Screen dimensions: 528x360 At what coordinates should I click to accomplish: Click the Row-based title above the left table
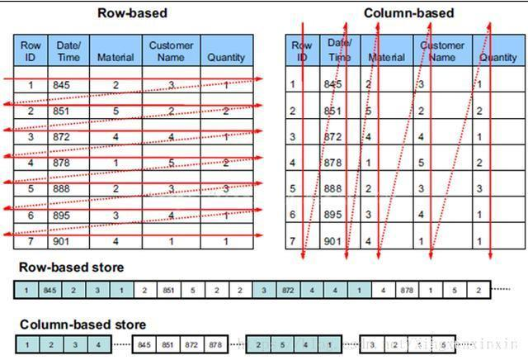click(x=132, y=12)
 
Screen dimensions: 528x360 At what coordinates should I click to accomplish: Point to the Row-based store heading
click(x=72, y=267)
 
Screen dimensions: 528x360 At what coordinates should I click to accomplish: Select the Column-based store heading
click(x=82, y=324)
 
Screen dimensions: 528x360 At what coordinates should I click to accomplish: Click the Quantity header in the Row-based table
click(x=226, y=57)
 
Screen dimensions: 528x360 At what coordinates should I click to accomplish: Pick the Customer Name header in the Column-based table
click(x=443, y=51)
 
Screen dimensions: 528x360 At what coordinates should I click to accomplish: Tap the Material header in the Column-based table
click(x=386, y=58)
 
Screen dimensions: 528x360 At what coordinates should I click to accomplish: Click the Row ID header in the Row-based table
click(x=31, y=51)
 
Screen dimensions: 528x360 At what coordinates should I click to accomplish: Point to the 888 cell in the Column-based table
click(x=332, y=189)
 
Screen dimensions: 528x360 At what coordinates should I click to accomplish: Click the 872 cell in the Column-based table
click(x=332, y=137)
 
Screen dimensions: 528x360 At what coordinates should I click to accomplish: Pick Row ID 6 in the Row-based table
click(x=31, y=216)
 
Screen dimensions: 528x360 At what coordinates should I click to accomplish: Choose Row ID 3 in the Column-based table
click(x=293, y=137)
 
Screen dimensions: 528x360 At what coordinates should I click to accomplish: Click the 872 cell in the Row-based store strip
click(x=288, y=290)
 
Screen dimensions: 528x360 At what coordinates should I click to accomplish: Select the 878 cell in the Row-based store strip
click(x=407, y=290)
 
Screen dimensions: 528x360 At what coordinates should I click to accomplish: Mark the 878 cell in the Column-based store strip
click(x=214, y=343)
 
